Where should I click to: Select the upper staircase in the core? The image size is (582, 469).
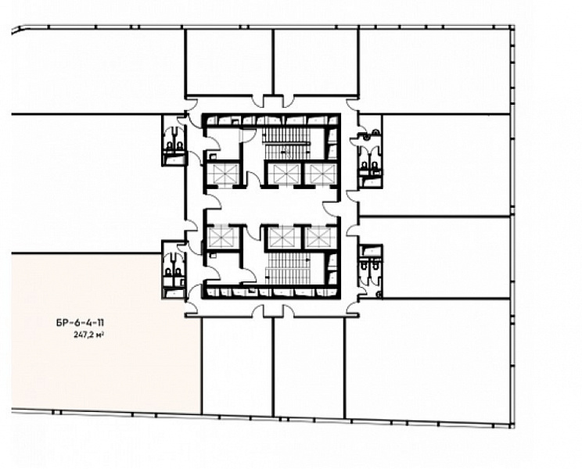tap(286, 144)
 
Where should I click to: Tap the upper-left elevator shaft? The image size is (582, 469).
tap(223, 174)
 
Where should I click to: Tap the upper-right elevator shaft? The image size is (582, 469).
tap(321, 174)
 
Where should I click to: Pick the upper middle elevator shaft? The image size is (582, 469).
tap(285, 174)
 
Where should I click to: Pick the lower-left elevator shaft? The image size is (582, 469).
tap(223, 238)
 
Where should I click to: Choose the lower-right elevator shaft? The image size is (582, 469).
tap(321, 238)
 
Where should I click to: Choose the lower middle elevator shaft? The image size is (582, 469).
tap(284, 238)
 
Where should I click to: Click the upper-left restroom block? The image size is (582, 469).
tap(174, 140)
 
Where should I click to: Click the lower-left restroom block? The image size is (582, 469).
tap(174, 269)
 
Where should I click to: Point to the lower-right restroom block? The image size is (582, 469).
tap(371, 270)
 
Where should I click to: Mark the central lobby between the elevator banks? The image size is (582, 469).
tap(271, 205)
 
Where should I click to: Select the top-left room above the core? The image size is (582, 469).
tap(229, 62)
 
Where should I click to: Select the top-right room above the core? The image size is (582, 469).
tap(315, 62)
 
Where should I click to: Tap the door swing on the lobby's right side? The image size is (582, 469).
tap(330, 209)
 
